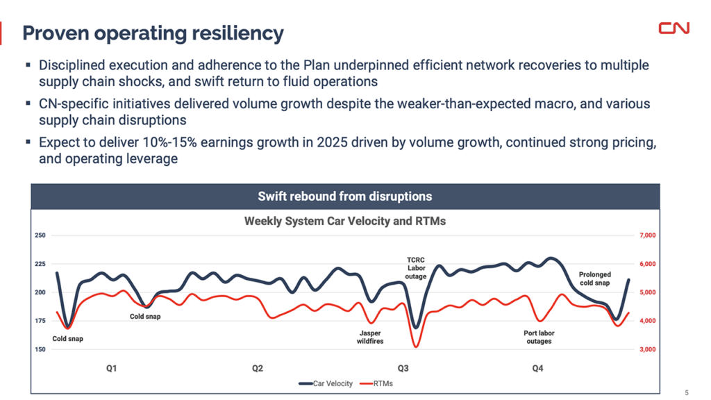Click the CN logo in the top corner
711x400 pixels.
tap(674, 28)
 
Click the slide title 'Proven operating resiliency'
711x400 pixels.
tap(153, 33)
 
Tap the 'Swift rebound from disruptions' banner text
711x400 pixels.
tap(345, 197)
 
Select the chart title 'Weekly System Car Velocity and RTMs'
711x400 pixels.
tap(345, 222)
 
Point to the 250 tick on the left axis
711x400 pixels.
tap(40, 235)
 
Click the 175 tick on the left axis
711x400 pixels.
tap(40, 321)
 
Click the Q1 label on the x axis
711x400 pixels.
tap(111, 368)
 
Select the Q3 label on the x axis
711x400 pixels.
tap(403, 368)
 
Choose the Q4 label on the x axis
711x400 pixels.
tap(537, 368)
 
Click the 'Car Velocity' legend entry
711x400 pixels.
tap(326, 383)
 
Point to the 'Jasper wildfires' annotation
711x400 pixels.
tap(369, 337)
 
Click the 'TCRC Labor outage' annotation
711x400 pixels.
tap(416, 269)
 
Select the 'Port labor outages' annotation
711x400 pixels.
tap(539, 337)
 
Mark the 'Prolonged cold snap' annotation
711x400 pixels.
tap(594, 279)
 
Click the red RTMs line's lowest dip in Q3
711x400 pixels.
tap(416, 346)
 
